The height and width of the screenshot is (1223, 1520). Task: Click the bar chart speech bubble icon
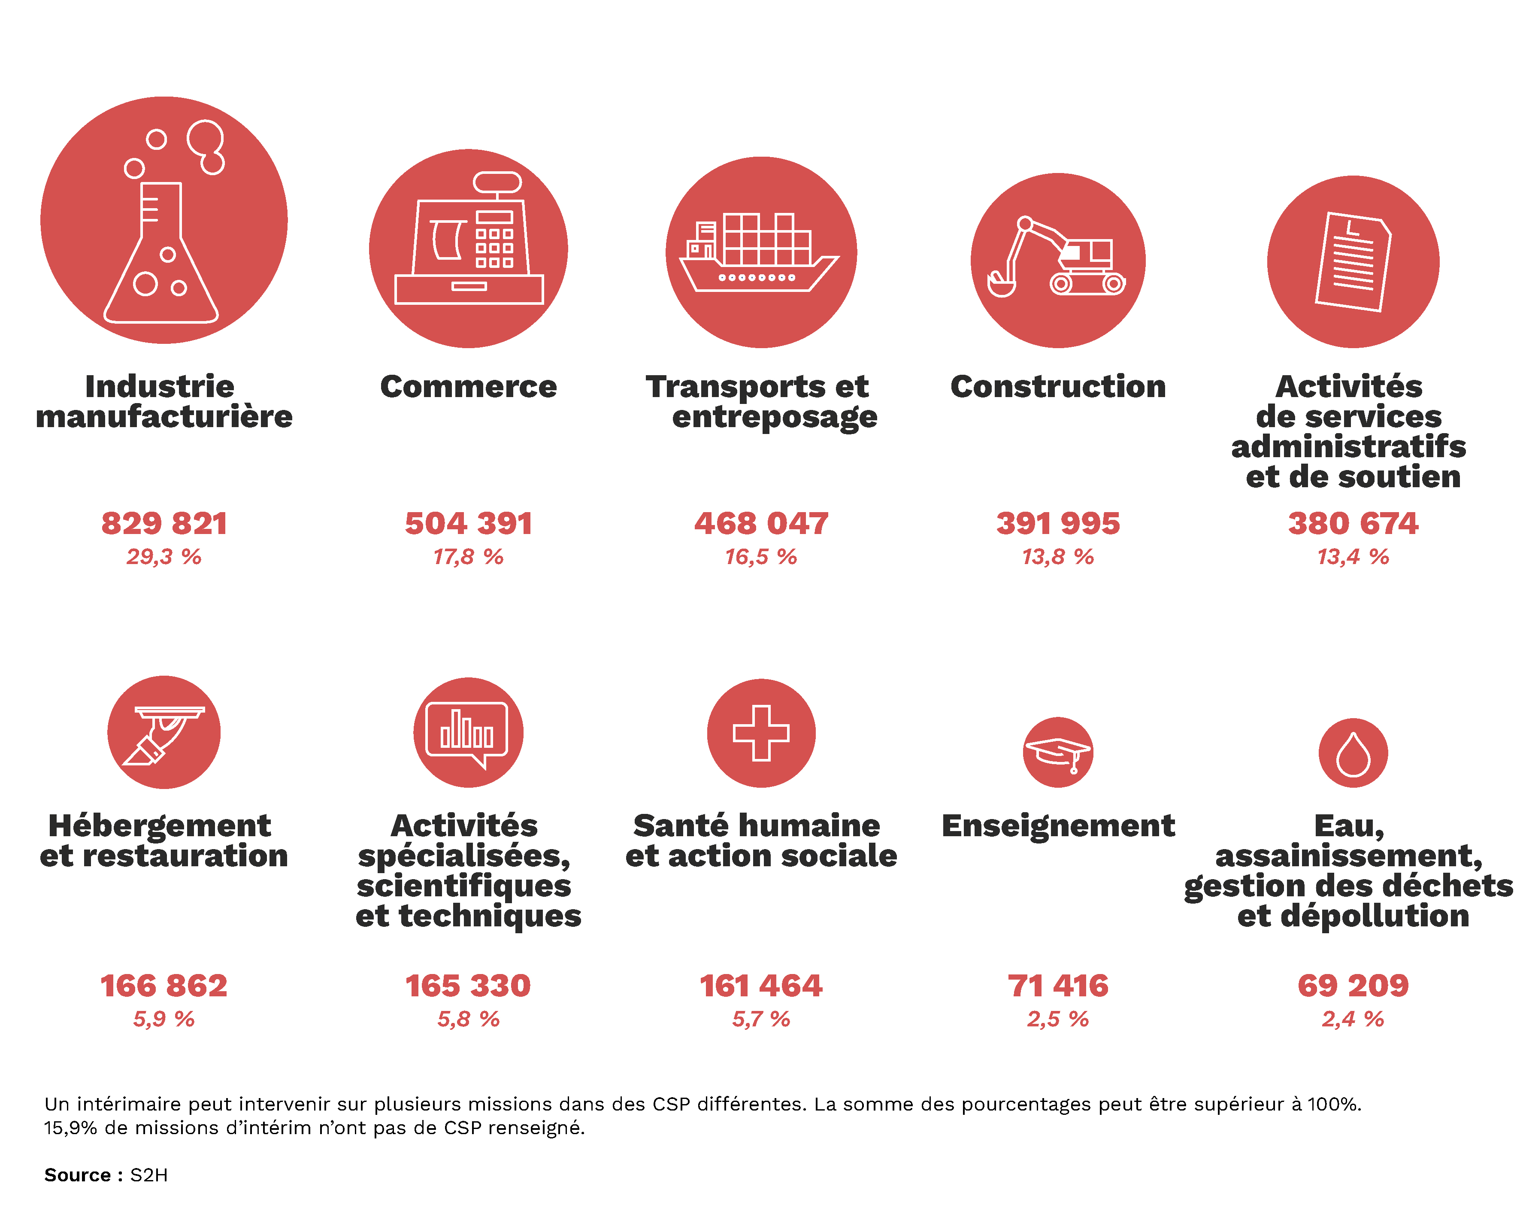(467, 734)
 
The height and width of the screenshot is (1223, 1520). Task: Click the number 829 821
(164, 523)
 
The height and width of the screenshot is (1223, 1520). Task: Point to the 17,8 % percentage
(468, 557)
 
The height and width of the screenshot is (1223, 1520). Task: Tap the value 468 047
(761, 523)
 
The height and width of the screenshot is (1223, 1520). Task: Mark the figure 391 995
(1057, 523)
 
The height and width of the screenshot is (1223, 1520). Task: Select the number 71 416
(1057, 985)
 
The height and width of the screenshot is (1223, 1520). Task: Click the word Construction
(1057, 386)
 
